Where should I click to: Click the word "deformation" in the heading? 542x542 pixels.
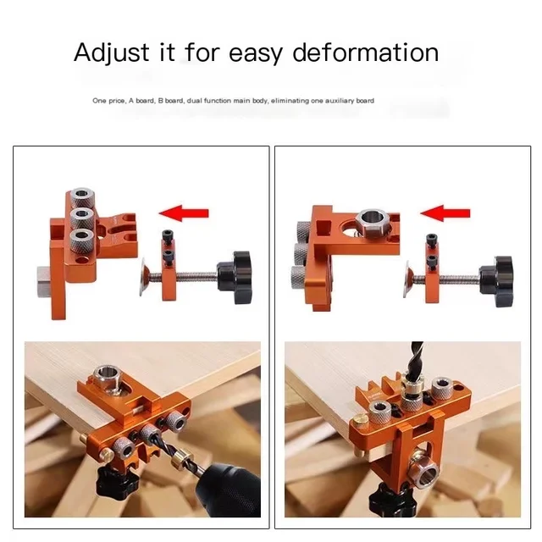366,53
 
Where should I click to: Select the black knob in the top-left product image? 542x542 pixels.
235,275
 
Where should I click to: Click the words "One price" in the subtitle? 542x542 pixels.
107,101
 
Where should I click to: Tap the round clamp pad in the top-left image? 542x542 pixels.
145,276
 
